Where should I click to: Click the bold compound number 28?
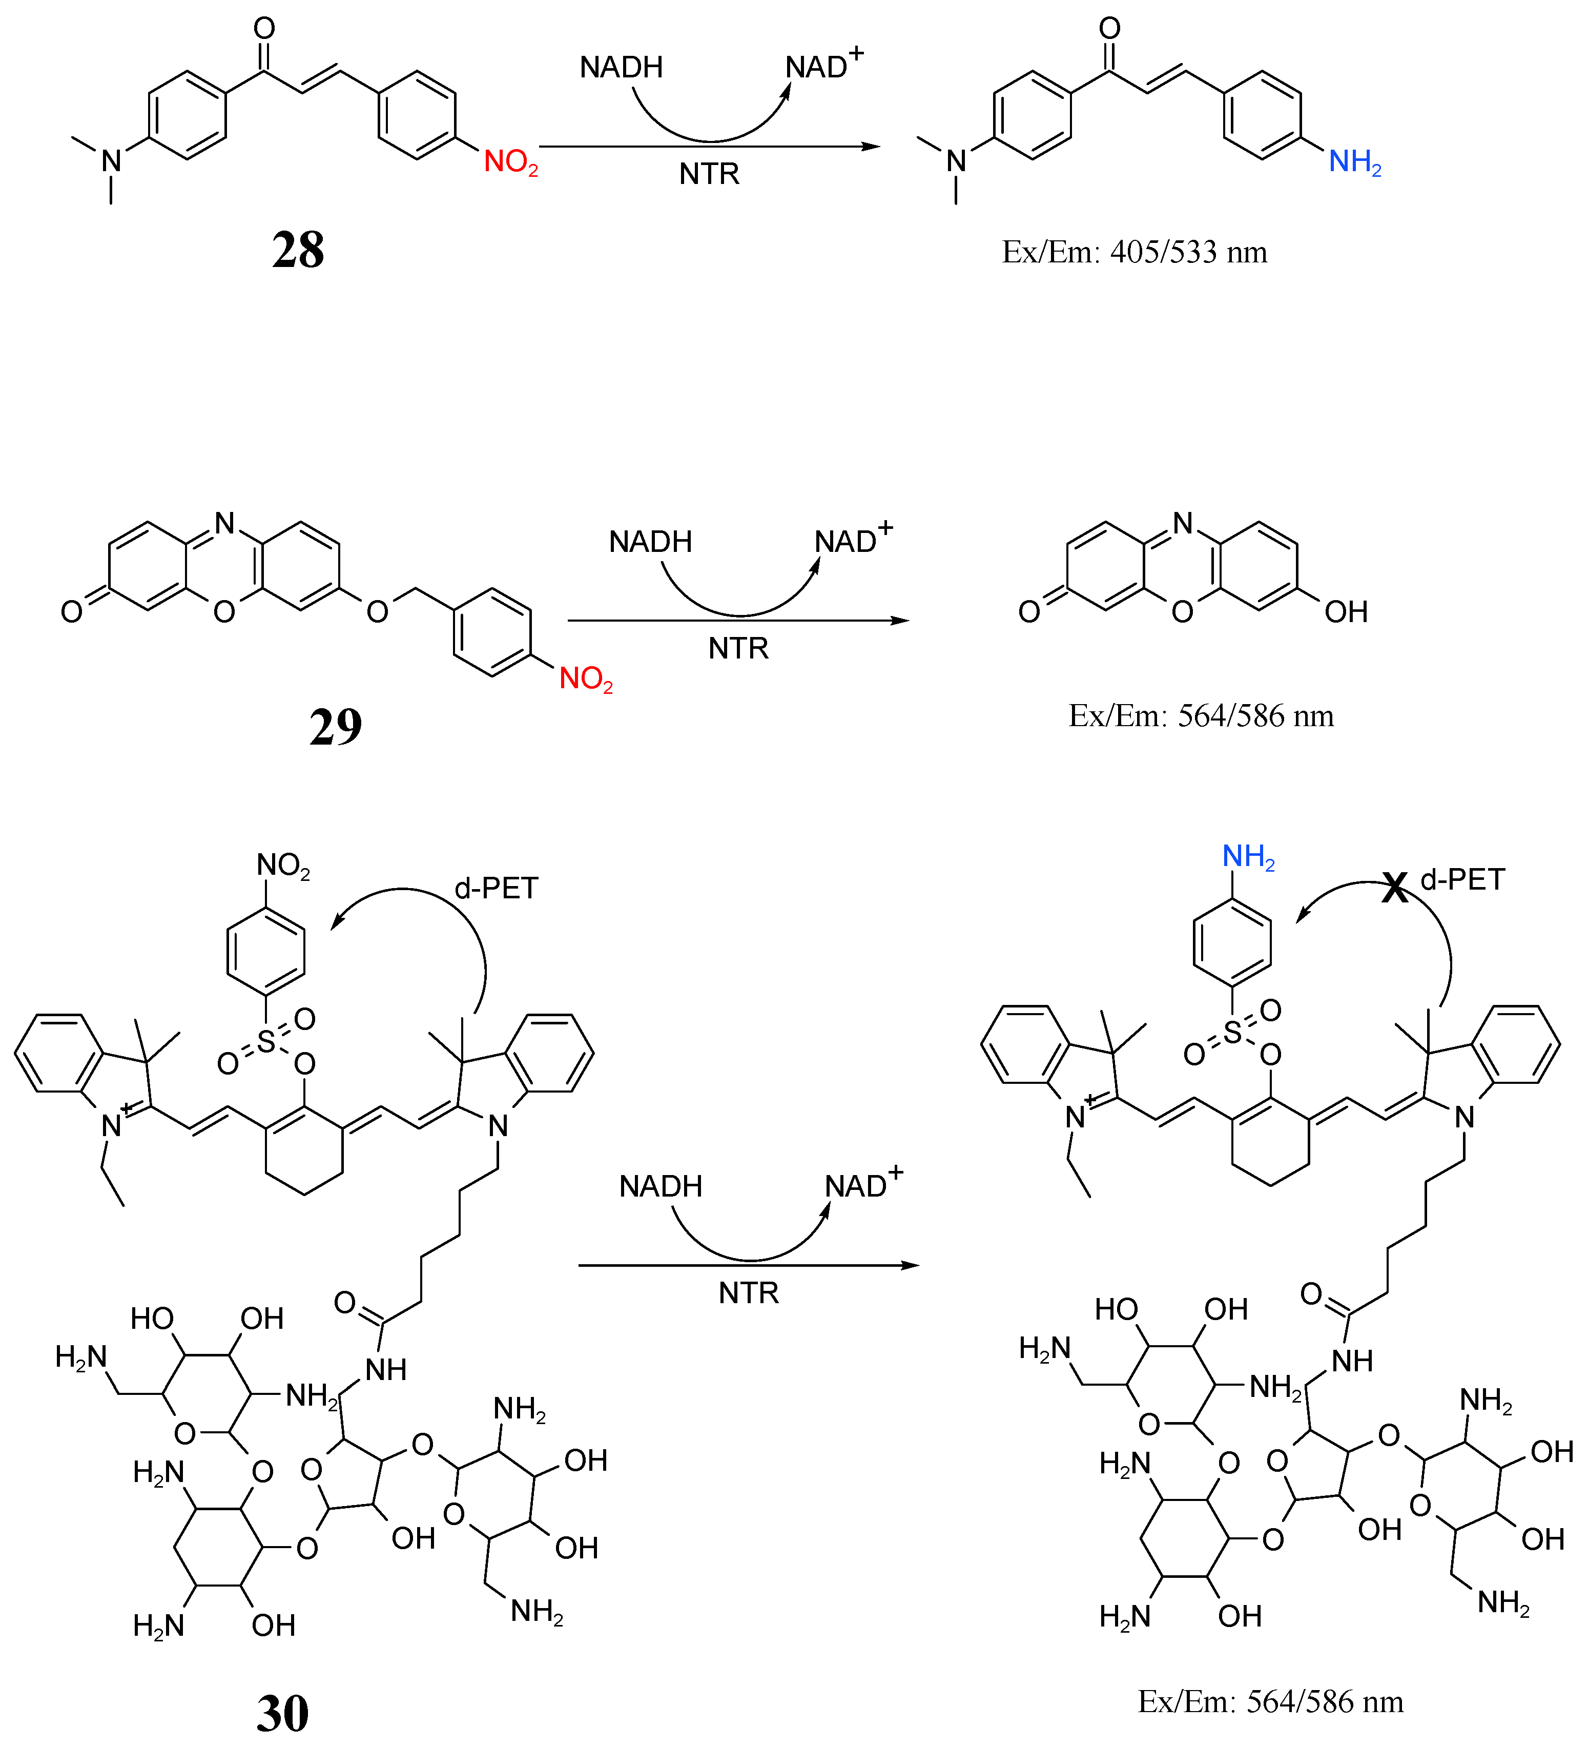[298, 250]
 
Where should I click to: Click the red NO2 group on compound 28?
[510, 162]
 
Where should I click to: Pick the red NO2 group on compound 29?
[585, 678]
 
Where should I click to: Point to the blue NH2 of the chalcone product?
[1354, 162]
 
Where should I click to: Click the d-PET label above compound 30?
[496, 889]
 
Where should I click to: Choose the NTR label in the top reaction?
[709, 174]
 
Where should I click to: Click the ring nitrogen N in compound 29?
[224, 523]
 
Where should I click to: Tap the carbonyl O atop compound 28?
[264, 29]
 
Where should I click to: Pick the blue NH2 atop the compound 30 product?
[1248, 857]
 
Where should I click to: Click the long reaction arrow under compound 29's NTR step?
[737, 620]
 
